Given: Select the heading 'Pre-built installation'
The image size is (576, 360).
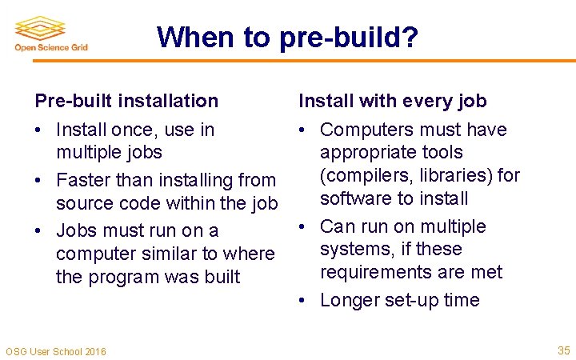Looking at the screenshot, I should coord(126,101).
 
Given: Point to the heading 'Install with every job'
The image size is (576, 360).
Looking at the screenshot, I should coord(393,101).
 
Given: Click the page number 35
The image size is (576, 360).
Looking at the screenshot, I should coord(562,350).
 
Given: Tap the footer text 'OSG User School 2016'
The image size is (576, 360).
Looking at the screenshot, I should coord(55,351).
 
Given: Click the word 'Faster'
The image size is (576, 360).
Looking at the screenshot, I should coord(82,181).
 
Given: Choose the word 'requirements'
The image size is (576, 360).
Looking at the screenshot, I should coord(378,272).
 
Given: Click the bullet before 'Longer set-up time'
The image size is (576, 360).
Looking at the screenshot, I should coord(303,301).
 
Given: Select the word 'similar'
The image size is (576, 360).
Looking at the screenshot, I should coord(166,254).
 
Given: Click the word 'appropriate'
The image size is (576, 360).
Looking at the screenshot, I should coord(369,152).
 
